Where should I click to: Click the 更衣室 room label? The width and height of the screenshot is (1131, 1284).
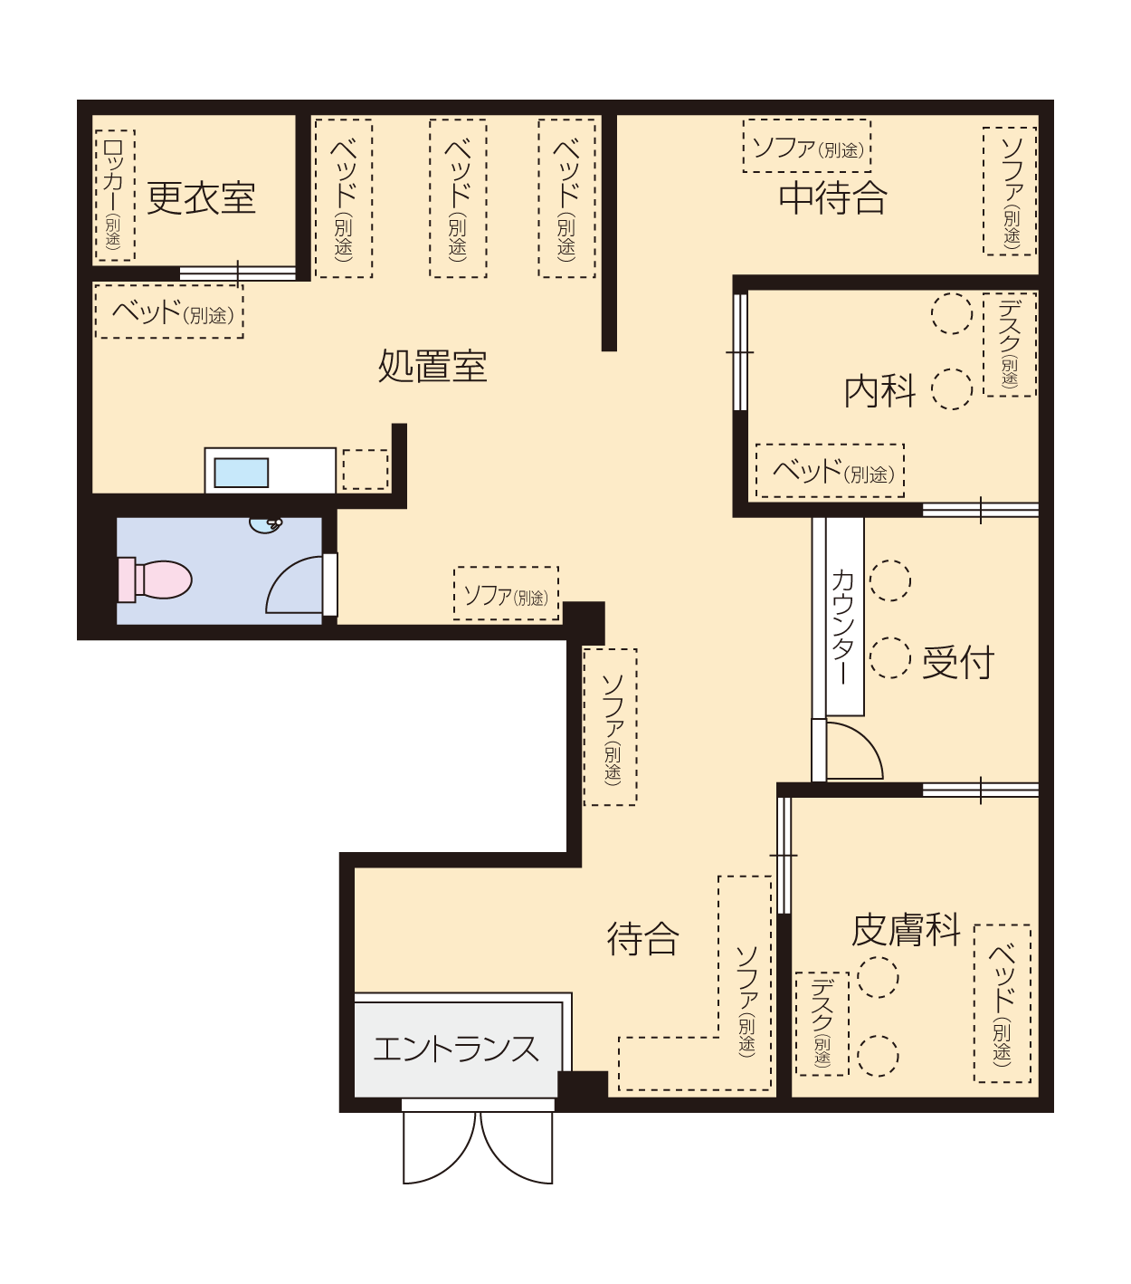pos(202,198)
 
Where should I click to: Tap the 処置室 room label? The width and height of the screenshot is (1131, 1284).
pos(432,366)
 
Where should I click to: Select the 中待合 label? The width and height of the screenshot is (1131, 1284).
pos(832,197)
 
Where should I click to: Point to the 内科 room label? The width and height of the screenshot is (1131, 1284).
pos(880,391)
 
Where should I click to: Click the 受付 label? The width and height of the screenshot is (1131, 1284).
pos(958,662)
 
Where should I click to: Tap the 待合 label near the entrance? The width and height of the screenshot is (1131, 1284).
pos(642,939)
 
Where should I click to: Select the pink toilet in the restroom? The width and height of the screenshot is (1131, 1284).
pos(155,580)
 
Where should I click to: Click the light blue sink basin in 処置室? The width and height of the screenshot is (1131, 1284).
pos(241,473)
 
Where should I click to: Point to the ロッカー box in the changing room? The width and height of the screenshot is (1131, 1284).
pos(115,196)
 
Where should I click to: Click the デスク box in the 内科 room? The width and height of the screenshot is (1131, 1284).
pos(1010,345)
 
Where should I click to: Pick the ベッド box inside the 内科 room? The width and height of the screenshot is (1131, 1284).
pos(830,471)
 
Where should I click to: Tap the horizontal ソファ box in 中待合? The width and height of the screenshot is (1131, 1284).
pos(807,146)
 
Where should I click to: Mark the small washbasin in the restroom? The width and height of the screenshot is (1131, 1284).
pos(265,525)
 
